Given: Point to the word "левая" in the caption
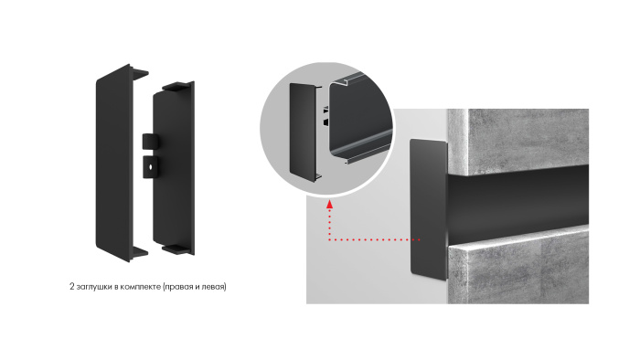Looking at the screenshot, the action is coord(212,287).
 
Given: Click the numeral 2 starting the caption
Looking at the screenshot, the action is coord(72,287).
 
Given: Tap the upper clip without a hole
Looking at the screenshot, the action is coord(149,142).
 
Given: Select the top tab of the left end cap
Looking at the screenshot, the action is coord(139,73).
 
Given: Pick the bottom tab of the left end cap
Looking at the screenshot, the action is coord(139,251).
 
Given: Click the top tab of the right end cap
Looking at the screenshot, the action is coord(177,86).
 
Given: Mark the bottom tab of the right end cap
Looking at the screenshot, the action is coord(177,249).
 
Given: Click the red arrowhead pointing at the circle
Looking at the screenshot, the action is coord(329,204).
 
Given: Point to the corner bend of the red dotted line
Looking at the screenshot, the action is coord(329,239).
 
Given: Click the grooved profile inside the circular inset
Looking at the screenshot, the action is coord(360,118).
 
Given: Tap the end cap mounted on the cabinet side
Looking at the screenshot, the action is coord(428,209).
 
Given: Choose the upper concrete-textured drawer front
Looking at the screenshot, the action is coord(518,142).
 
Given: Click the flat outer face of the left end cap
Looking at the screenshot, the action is coord(113,163).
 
